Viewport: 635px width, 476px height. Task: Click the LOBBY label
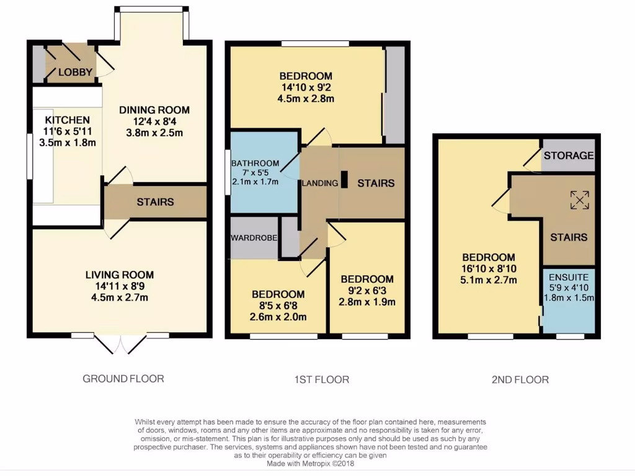tap(75, 73)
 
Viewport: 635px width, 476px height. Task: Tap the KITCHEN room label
tap(68, 120)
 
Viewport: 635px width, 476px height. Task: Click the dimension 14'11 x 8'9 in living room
tap(120, 286)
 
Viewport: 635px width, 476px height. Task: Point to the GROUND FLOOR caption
tap(123, 378)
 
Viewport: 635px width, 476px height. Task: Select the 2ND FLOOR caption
tap(520, 379)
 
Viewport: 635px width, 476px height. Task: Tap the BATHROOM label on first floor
tap(255, 164)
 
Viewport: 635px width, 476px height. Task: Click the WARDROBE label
tap(254, 237)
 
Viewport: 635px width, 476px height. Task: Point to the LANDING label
tap(320, 183)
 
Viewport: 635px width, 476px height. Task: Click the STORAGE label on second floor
tap(569, 156)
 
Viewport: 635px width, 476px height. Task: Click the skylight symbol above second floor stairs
tap(579, 200)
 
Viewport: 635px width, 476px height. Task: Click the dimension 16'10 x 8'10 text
tap(488, 269)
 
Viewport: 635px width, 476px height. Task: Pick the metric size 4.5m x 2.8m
tap(306, 99)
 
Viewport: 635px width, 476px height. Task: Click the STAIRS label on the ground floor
tap(155, 202)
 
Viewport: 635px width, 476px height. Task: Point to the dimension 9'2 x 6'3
tap(367, 291)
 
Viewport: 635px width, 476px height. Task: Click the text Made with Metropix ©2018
tap(311, 463)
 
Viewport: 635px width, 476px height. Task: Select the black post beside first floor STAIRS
tap(345, 179)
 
